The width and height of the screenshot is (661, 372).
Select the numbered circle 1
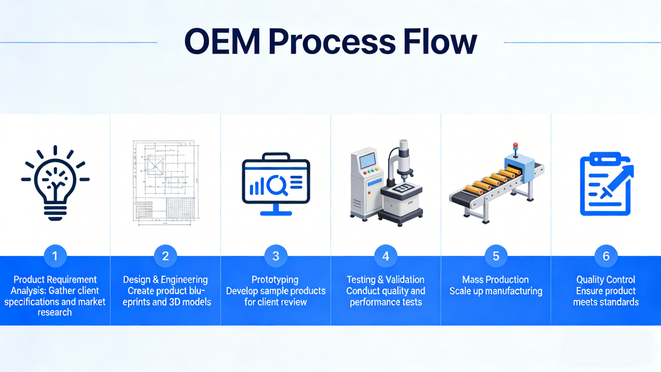55,256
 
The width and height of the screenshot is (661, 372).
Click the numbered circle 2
165,256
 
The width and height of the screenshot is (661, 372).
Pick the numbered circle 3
276,256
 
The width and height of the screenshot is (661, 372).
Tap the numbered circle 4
386,256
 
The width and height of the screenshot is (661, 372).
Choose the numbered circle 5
496,256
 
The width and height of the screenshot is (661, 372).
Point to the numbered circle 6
606,256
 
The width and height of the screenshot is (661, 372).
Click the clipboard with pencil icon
606,184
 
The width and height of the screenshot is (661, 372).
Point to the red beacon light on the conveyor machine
514,146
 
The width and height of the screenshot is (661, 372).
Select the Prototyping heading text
276,280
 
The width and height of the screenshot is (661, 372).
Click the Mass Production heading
496,280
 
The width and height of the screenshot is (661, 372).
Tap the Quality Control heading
606,280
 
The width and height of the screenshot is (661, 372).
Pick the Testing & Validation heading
386,280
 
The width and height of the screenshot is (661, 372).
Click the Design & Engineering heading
165,280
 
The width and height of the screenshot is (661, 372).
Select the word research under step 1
55,312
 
